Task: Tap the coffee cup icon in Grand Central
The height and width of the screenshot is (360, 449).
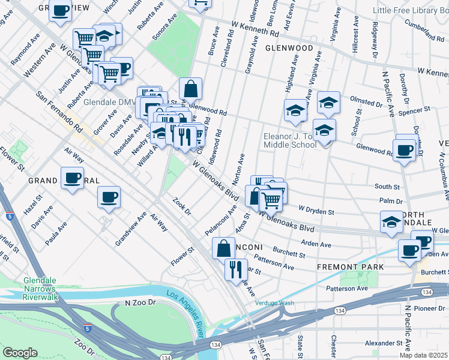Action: pos(72,178)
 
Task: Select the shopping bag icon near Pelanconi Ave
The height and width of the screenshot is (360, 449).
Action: pos(223,247)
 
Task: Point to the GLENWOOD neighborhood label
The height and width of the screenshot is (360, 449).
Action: pos(289,47)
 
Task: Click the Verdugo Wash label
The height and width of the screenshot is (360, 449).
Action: pos(274,302)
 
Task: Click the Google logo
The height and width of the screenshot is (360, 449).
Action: pos(20,353)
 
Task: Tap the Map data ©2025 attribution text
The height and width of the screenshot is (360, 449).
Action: pos(424,355)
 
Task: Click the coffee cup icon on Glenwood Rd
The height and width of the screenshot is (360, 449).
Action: pos(405,150)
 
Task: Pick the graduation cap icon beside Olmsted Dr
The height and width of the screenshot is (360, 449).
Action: pos(329,103)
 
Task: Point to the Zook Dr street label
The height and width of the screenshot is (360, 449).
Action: pos(181,208)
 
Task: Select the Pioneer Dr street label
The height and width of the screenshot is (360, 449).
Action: pos(432,308)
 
